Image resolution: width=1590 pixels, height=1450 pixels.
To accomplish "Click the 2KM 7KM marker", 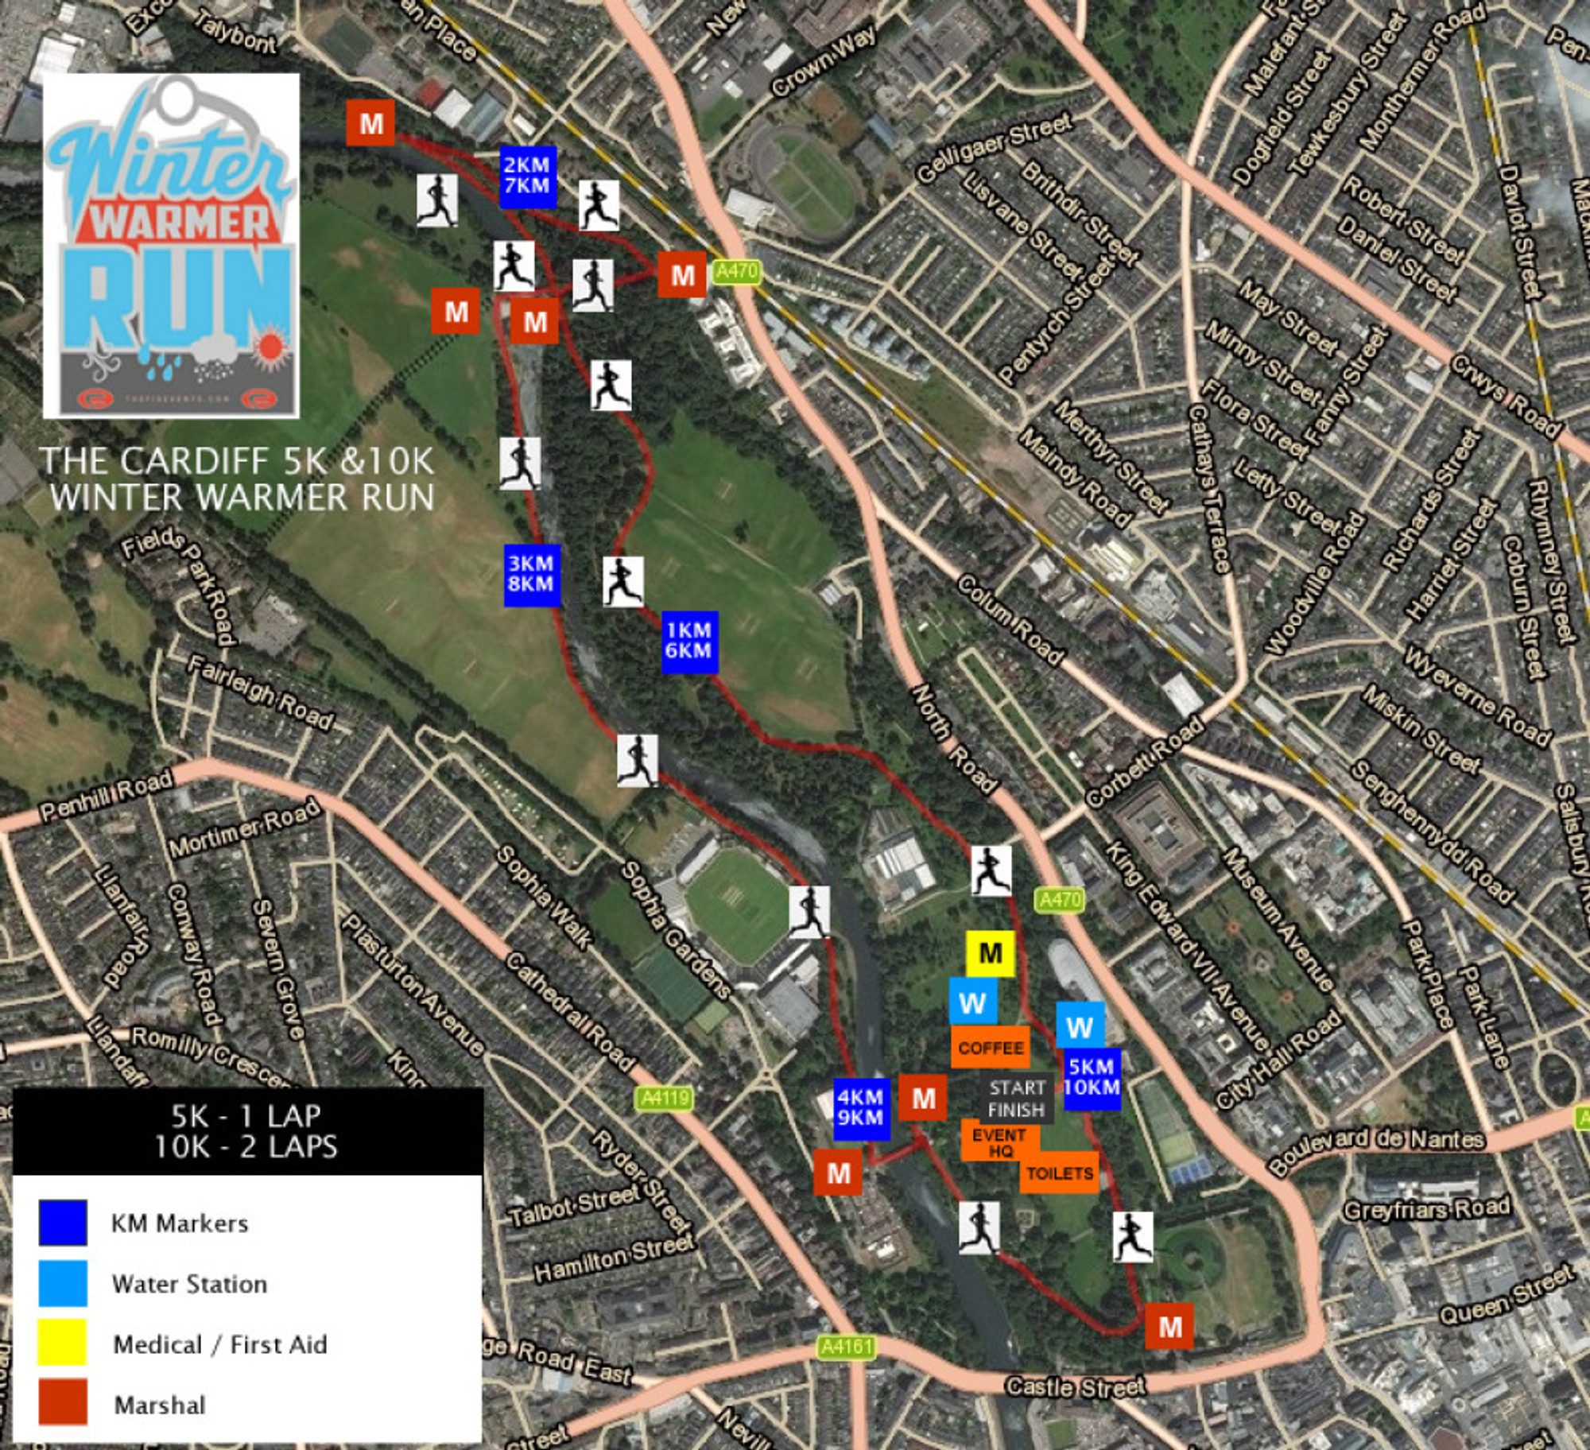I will [x=527, y=176].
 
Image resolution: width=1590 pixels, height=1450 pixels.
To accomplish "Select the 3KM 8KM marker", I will [x=531, y=575].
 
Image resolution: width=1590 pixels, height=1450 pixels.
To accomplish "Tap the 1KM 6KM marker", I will [x=689, y=642].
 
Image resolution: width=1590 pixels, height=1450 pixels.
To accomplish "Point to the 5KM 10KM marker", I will [x=1092, y=1079].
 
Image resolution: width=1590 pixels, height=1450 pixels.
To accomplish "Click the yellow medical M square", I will [x=990, y=953].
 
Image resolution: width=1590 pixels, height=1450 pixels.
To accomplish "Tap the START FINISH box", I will [x=1017, y=1099].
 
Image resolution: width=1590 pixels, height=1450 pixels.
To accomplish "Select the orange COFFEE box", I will [x=991, y=1048].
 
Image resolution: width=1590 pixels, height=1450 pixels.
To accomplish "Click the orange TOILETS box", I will [x=1059, y=1173].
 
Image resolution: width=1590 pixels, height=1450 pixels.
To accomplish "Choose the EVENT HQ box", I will [x=999, y=1142].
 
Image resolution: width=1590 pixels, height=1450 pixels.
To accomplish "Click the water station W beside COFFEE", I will [x=973, y=1002].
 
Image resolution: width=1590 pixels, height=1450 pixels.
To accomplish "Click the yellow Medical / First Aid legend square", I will [x=63, y=1344].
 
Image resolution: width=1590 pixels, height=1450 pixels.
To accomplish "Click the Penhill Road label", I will [x=106, y=798].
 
